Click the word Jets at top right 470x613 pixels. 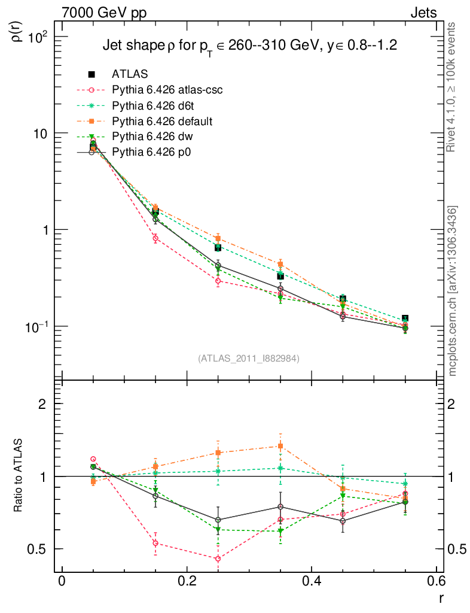point(423,13)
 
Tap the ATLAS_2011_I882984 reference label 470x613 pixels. point(249,358)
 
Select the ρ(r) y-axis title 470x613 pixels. point(18,31)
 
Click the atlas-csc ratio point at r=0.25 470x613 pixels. point(218,559)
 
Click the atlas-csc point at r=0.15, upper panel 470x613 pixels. point(155,238)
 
